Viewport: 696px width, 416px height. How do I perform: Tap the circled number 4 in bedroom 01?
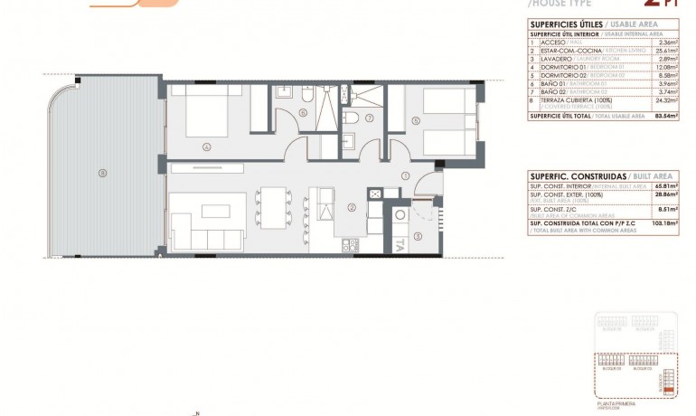(x=207, y=146)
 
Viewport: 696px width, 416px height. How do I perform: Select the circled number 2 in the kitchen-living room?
(x=350, y=206)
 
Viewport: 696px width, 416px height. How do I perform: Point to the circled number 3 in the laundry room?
(x=417, y=236)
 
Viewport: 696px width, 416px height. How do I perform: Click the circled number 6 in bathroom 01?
(x=302, y=113)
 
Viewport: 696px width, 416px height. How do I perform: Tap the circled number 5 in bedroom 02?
(x=415, y=118)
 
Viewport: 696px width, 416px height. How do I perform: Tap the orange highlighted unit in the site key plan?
(x=669, y=388)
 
